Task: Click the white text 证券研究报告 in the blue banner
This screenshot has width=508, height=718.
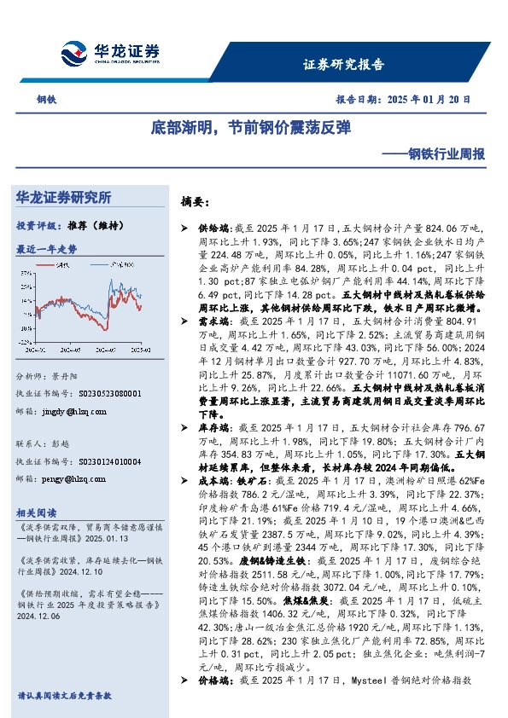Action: (344, 64)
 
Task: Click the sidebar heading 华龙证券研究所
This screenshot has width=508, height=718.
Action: (64, 198)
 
